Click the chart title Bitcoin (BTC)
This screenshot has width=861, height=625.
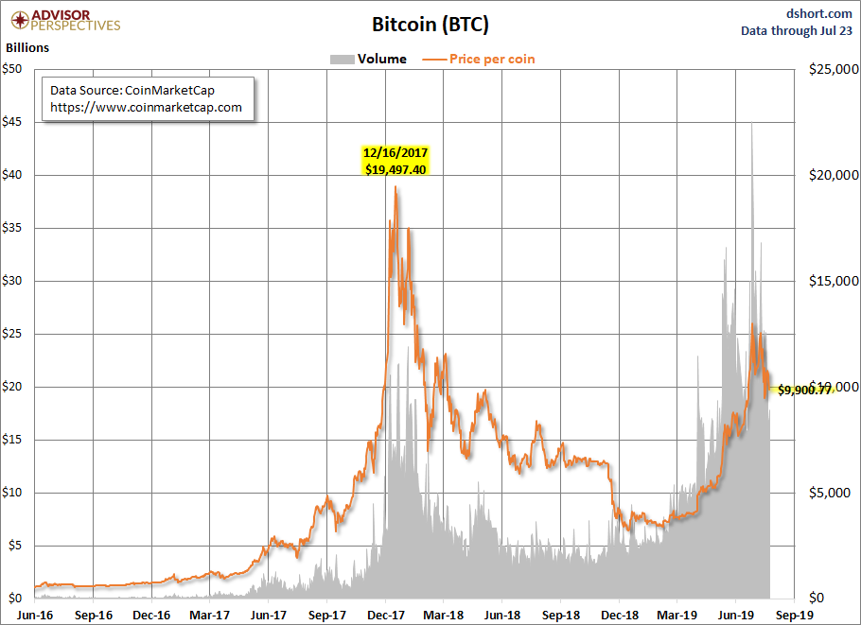[x=430, y=25]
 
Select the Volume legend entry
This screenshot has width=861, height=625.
[x=368, y=60]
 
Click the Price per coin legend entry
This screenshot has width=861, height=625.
[x=478, y=60]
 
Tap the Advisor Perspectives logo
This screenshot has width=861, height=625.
[x=65, y=21]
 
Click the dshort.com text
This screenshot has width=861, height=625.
[x=818, y=13]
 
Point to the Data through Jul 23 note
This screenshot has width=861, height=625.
[x=797, y=30]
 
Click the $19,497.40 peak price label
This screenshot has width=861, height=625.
[x=395, y=169]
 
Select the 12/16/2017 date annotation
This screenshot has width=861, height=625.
[x=395, y=152]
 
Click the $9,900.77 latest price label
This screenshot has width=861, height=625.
[x=805, y=391]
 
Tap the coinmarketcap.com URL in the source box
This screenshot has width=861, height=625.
[x=146, y=108]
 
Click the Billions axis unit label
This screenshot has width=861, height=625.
[x=27, y=47]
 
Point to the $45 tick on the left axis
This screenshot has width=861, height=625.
[x=12, y=122]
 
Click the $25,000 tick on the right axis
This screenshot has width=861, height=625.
[x=834, y=69]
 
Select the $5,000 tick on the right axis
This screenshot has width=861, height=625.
[x=830, y=493]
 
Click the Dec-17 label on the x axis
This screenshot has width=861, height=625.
[x=385, y=616]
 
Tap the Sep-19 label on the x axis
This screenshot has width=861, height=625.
[x=794, y=616]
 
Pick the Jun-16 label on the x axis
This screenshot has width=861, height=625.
[x=35, y=616]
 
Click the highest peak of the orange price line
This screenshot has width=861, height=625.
[x=395, y=186]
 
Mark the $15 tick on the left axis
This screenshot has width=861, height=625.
[x=12, y=440]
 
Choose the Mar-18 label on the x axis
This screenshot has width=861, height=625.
[x=444, y=616]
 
